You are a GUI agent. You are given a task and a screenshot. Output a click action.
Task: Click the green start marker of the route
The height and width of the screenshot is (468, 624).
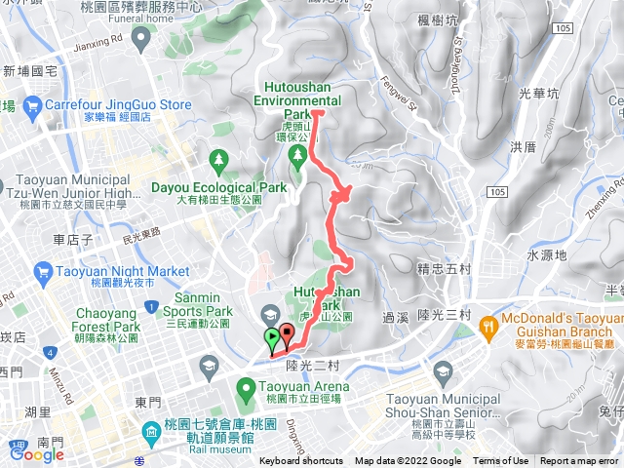click(271, 338)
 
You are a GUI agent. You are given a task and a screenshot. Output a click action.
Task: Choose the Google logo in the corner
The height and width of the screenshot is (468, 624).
click(36, 453)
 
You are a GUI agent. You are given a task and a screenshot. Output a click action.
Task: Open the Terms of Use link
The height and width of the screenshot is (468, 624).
click(500, 461)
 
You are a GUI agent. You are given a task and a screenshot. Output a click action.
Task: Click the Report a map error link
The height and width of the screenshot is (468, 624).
click(581, 461)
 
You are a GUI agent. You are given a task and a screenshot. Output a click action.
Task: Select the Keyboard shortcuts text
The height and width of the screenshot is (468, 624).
click(300, 461)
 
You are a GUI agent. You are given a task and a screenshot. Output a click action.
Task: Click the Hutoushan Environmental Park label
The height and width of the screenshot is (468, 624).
click(298, 93)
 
